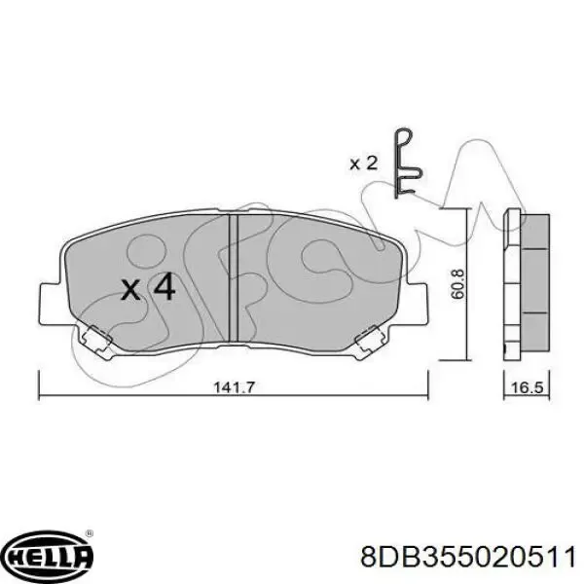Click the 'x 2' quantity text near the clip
[x=362, y=164]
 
